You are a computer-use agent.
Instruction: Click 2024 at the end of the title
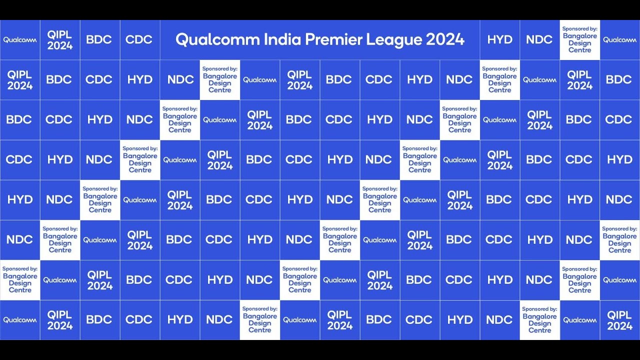point(445,39)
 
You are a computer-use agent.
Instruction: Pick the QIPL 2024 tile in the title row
point(60,40)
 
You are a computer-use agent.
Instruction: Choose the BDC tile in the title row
point(99,40)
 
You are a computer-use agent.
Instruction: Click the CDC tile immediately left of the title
point(139,40)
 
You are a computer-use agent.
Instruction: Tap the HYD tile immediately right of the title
point(500,40)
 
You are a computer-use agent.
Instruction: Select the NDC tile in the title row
point(539,40)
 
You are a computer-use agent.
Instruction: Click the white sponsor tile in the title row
point(580,40)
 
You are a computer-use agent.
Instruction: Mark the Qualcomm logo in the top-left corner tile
point(20,40)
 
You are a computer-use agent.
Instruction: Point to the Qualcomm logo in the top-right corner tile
point(620,40)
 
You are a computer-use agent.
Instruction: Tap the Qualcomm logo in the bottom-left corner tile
point(20,320)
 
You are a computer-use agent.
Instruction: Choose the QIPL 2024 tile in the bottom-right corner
point(620,320)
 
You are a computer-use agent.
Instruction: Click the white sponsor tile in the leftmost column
point(20,280)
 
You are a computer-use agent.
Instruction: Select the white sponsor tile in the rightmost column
point(620,240)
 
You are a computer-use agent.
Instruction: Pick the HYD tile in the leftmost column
point(20,200)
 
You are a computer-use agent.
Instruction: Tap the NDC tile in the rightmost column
point(620,200)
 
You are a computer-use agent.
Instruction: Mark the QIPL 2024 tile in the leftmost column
point(20,80)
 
